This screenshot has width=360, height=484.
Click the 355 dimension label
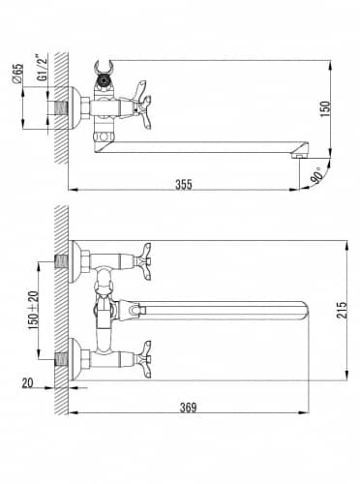[184, 184]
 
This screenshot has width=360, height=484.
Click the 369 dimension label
[188, 408]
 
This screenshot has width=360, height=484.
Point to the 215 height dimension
[342, 310]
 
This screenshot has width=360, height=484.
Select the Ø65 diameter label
[17, 74]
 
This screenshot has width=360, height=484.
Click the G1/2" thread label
[42, 68]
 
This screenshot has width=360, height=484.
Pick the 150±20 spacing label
[33, 310]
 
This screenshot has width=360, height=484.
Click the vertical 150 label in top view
[326, 108]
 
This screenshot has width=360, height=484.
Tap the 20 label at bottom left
[28, 383]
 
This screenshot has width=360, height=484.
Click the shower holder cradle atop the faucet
[104, 68]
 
